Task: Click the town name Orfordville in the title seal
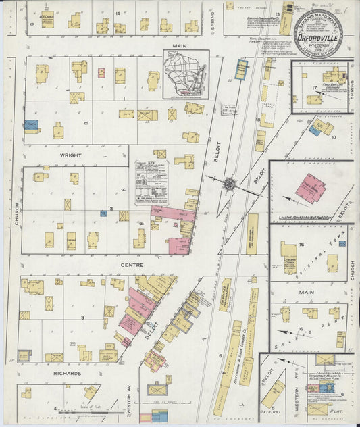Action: point(319,37)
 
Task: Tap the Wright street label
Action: point(70,155)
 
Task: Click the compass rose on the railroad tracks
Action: point(230,183)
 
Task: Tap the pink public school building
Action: point(310,189)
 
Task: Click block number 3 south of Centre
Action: point(82,317)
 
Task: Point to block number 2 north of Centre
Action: point(111,209)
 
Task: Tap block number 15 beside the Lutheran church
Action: point(303,244)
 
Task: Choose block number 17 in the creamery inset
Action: point(314,88)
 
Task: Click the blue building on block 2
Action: point(103,214)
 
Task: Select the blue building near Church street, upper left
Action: point(31,125)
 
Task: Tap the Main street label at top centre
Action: point(178,45)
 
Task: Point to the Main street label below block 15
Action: point(304,293)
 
